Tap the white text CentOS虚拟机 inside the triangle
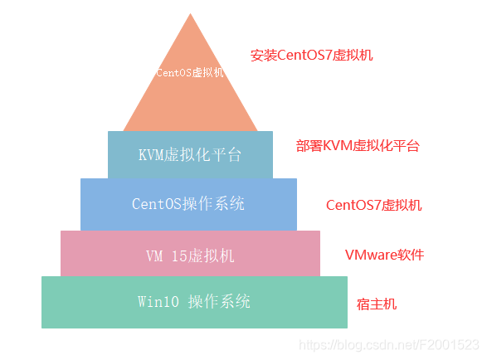pos(190,72)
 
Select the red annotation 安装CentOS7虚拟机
pos(312,56)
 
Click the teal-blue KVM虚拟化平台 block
pos(190,154)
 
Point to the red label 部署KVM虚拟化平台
pos(358,146)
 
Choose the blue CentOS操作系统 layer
pos(188,203)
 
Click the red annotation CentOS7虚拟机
pos(373,205)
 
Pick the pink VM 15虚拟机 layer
pos(190,255)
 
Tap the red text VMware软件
pos(384,255)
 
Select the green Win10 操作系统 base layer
pos(194,302)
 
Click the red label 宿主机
pos(377,304)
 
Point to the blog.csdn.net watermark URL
pos(388,344)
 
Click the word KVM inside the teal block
pos(151,154)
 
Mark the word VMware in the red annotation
pos(370,255)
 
